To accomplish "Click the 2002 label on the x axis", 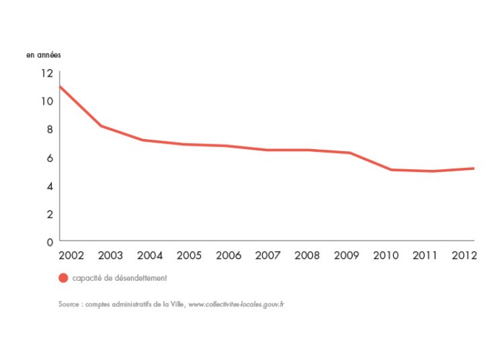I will (71, 256).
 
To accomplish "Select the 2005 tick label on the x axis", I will (189, 256).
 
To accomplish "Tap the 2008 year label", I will (306, 256).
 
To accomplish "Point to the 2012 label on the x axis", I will (464, 256).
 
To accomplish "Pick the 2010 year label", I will (386, 256).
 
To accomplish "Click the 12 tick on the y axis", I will (46, 73).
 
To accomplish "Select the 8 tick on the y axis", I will (48, 130).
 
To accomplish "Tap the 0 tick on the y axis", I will (48, 242).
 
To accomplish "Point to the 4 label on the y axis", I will (48, 186).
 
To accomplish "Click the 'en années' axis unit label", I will (44, 54).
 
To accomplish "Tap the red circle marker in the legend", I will (63, 278).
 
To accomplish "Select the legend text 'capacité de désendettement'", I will (120, 278).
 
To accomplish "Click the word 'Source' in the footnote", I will (69, 304).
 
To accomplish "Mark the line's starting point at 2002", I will (60, 87).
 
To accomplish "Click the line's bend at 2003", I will (100, 126).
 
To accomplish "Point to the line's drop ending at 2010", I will (391, 169).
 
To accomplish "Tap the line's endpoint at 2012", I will (474, 168).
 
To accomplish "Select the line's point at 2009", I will (349, 152).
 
